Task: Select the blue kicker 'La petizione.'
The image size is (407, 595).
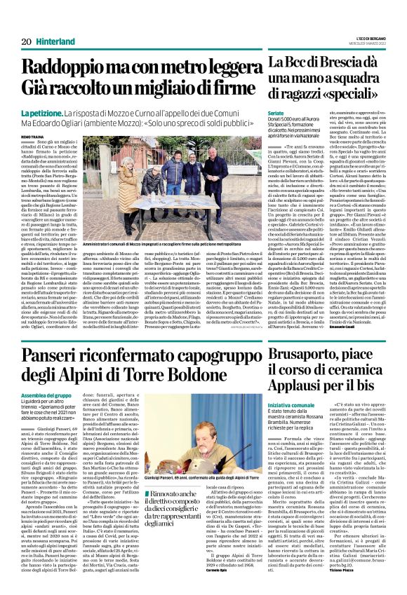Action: pos(43,114)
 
